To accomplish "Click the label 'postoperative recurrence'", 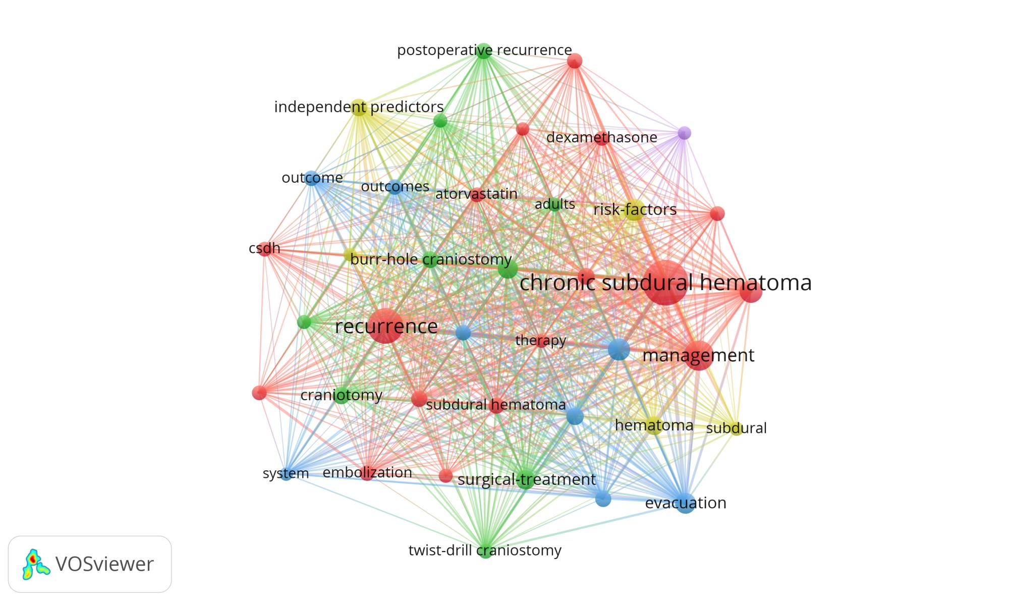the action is [484, 50].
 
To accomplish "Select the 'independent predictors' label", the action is [359, 107].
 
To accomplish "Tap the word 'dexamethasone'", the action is [601, 137].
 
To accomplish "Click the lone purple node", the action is [684, 133].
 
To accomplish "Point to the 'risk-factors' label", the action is [635, 209].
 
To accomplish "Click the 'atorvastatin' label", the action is [476, 194].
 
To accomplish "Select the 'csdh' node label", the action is [264, 248].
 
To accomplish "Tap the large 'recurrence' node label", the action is [386, 326].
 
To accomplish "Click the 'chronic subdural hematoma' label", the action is [665, 283].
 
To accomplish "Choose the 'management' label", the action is [698, 355].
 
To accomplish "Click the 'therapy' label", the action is [540, 341].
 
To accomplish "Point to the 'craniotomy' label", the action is [341, 395].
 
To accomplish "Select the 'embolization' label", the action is [367, 473].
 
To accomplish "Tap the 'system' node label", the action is [286, 474].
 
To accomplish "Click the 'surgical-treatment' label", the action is [526, 479].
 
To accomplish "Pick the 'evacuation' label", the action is [686, 503].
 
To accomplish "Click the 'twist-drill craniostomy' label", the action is [485, 550].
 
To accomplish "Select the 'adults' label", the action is [554, 204].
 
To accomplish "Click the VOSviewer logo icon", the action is [35, 564].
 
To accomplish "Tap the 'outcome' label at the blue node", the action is [312, 178].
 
